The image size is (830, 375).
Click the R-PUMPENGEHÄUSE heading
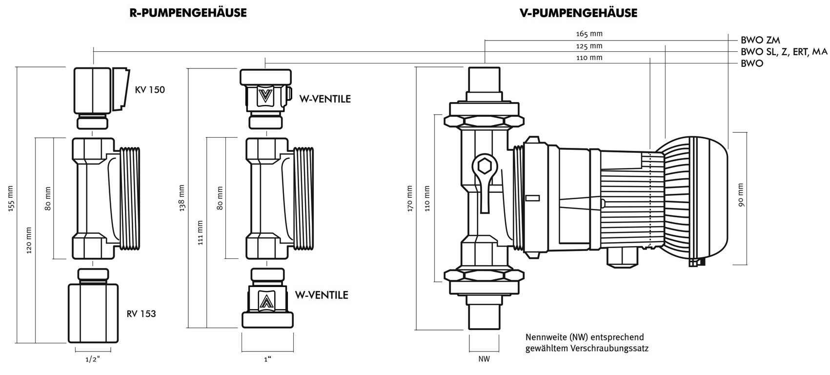point(188,13)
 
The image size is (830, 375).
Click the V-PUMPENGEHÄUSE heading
point(579,13)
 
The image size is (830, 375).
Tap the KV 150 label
point(150,90)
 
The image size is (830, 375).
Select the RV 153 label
point(141,313)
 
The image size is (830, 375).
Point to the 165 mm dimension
point(589,34)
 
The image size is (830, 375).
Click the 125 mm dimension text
point(589,46)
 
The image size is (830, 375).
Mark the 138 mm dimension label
point(182,198)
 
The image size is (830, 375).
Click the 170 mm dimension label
point(409,198)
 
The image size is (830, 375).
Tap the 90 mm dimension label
point(741,195)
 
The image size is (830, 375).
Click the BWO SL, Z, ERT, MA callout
point(784,52)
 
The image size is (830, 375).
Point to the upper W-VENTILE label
point(325,99)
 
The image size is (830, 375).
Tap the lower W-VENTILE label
point(322,295)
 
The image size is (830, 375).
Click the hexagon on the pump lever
point(485,166)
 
